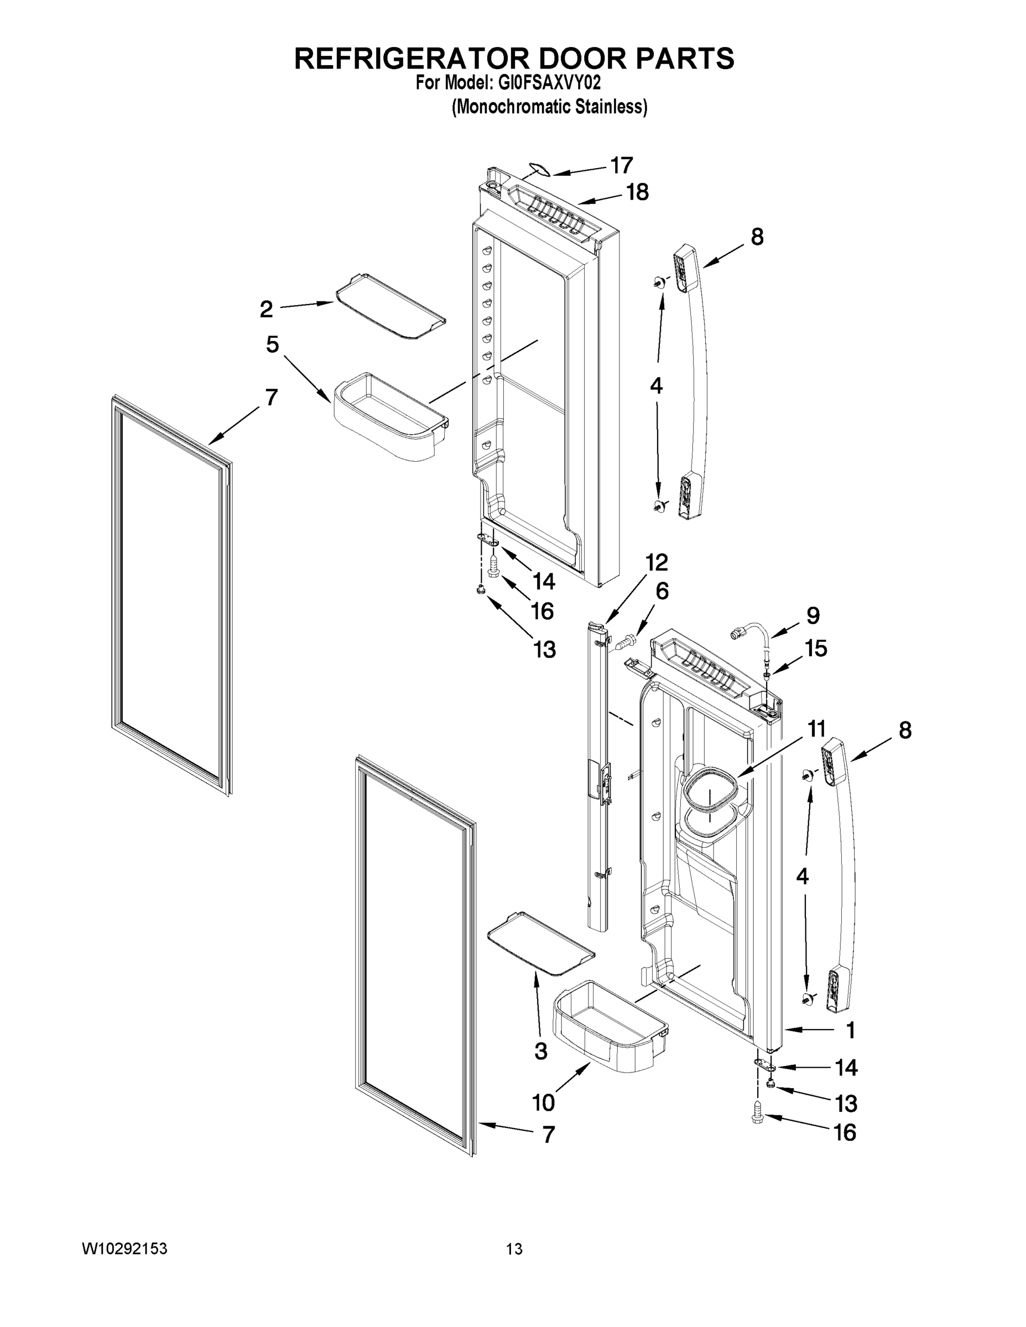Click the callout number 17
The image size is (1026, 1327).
coord(622,165)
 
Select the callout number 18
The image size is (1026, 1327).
coord(637,192)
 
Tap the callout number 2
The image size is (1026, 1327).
coord(266,309)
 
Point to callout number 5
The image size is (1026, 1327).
coord(272,344)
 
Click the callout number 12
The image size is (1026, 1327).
coord(657,563)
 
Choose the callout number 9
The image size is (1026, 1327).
coord(813,615)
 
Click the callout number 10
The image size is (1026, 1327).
coord(543,1101)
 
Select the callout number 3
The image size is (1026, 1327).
coord(541,1051)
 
